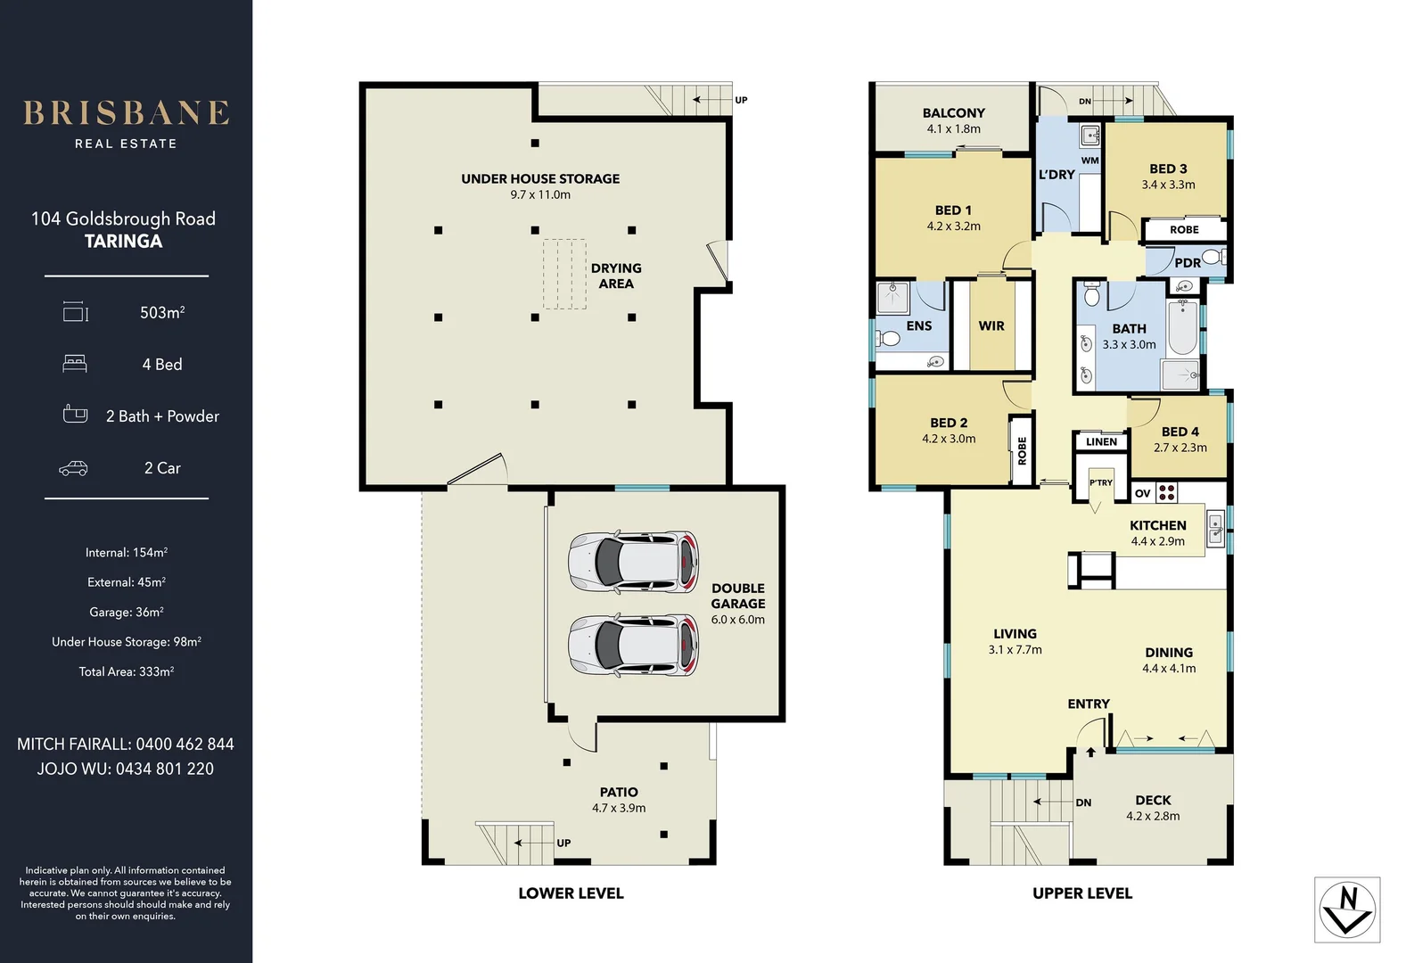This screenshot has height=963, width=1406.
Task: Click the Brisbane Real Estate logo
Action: (126, 123)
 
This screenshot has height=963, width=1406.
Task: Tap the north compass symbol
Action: (1347, 909)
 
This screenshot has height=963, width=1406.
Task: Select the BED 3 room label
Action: (1168, 169)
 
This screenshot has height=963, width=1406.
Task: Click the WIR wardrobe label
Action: (991, 326)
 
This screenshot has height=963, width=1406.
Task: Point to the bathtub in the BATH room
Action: (1182, 329)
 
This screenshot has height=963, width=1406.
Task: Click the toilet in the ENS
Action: (887, 339)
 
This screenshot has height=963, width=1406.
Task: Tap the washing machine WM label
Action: (1089, 160)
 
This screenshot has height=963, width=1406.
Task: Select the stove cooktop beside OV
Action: (1167, 492)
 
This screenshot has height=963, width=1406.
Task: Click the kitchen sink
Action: (1214, 528)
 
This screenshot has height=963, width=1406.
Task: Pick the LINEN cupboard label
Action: (1101, 441)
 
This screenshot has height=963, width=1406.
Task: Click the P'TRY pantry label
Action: (1101, 482)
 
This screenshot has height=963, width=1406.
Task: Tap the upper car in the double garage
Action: (633, 562)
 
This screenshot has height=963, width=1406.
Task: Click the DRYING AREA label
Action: (616, 276)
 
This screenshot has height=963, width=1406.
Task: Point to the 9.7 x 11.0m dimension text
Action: (540, 194)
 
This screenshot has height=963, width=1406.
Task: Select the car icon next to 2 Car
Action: (73, 468)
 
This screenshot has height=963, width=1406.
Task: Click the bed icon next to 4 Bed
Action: (75, 364)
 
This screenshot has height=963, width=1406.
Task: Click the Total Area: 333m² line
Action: (126, 671)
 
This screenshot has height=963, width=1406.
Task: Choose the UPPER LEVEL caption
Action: (1081, 893)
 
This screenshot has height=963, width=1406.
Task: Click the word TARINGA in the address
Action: (123, 242)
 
